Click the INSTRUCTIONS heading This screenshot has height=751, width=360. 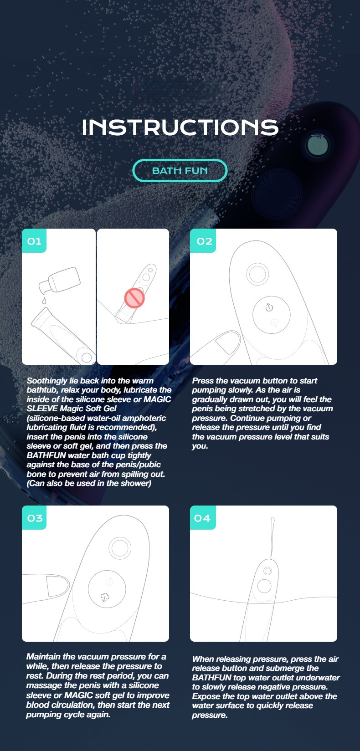tap(180, 128)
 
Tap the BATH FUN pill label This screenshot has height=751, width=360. tap(180, 171)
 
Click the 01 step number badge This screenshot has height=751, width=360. tap(34, 241)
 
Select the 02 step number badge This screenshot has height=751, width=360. tap(203, 241)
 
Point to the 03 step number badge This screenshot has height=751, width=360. tap(35, 518)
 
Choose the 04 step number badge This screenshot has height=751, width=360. tap(203, 518)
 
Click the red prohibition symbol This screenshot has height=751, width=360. tap(134, 298)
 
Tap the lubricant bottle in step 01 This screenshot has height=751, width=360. tap(60, 280)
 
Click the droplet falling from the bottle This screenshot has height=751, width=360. tap(44, 301)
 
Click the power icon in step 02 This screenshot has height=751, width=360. tap(269, 307)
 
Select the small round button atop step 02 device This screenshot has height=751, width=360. tap(257, 274)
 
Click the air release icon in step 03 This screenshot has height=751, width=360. tap(105, 597)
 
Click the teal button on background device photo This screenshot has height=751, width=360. tap(317, 146)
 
